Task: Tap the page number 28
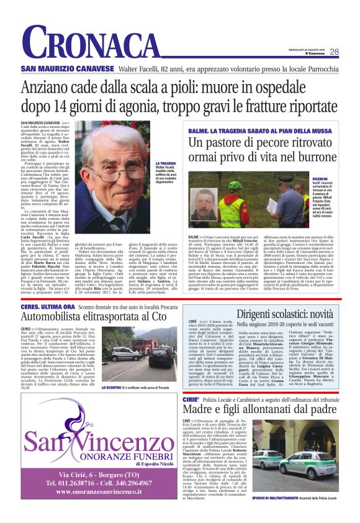334,52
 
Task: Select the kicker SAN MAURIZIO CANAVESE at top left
60,68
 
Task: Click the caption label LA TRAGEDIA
165,163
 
